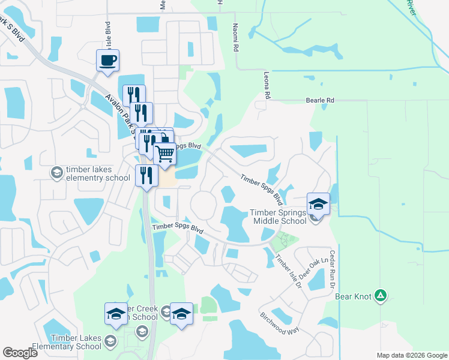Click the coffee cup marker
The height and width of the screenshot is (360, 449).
pyautogui.click(x=107, y=60)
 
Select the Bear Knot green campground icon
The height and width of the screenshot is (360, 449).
pyautogui.click(x=380, y=295)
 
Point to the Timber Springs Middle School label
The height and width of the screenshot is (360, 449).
pyautogui.click(x=278, y=216)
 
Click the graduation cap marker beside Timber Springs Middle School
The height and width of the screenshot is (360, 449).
pyautogui.click(x=319, y=203)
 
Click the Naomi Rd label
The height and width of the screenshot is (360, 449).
pyautogui.click(x=236, y=37)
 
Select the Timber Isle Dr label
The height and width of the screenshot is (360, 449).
pyautogui.click(x=288, y=272)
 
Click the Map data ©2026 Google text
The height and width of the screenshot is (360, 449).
pyautogui.click(x=412, y=355)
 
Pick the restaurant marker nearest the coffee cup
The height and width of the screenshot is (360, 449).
pyautogui.click(x=134, y=95)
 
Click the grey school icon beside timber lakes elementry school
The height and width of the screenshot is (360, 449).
pyautogui.click(x=56, y=173)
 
